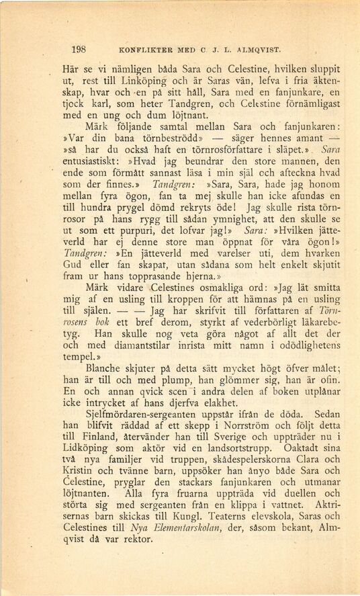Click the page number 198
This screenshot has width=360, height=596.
tap(79, 49)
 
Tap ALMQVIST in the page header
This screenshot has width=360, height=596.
tap(257, 50)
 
